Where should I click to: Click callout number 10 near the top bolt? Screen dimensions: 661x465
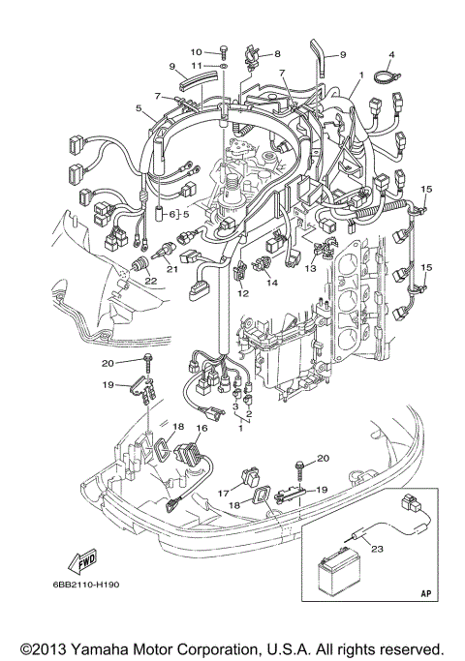tap(195, 50)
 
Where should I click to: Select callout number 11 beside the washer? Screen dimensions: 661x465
tap(195, 65)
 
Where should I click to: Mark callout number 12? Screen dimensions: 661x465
tap(243, 292)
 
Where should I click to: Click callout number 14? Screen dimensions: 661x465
tap(272, 283)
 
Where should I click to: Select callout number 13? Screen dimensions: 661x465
tap(311, 266)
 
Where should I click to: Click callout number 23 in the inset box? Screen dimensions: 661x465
tap(377, 548)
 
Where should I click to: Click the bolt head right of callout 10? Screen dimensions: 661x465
tap(223, 49)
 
